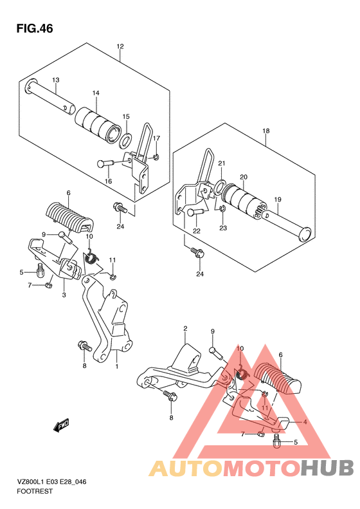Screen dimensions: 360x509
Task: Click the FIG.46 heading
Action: pyautogui.click(x=35, y=28)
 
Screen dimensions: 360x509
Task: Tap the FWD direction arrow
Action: pyautogui.click(x=61, y=425)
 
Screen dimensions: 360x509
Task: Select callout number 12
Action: pyautogui.click(x=120, y=46)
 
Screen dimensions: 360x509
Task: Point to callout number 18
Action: pyautogui.click(x=266, y=131)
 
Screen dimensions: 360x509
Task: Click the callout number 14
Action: pyautogui.click(x=96, y=93)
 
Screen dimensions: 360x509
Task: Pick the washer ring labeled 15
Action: pyautogui.click(x=126, y=139)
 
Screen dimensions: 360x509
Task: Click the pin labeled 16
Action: pyautogui.click(x=104, y=163)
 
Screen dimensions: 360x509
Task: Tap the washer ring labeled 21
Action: pyautogui.click(x=220, y=187)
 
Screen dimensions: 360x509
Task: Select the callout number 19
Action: pyautogui.click(x=278, y=199)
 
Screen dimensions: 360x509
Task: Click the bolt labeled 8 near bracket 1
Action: pyautogui.click(x=84, y=346)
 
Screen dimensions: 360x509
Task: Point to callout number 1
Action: pyautogui.click(x=117, y=367)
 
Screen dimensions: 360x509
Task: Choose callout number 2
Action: pyautogui.click(x=185, y=329)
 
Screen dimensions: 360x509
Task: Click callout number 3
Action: pyautogui.click(x=64, y=295)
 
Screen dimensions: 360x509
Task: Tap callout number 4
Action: pyautogui.click(x=305, y=422)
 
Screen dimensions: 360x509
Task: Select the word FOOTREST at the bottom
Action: pyautogui.click(x=35, y=492)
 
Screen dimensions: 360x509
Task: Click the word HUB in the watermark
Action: pyautogui.click(x=327, y=467)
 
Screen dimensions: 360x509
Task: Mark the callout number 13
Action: pyautogui.click(x=55, y=80)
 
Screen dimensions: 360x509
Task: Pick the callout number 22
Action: pyautogui.click(x=197, y=231)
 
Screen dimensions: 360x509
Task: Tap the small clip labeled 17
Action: pyautogui.click(x=156, y=158)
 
